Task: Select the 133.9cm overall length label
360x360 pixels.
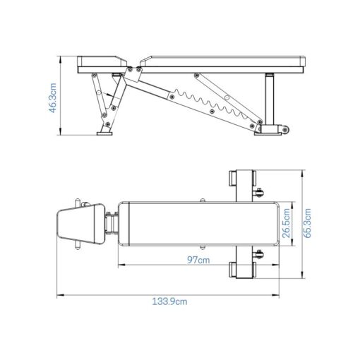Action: click(169, 301)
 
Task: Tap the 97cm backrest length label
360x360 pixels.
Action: click(198, 260)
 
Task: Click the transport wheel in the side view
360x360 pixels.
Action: click(284, 130)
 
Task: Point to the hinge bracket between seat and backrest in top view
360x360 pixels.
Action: click(112, 225)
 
